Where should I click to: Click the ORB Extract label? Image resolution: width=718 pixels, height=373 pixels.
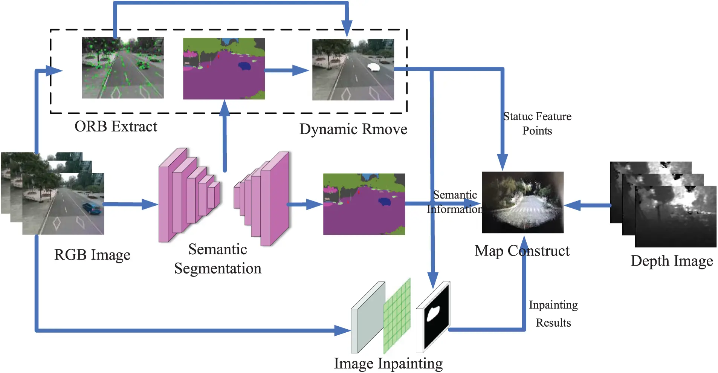tap(116, 127)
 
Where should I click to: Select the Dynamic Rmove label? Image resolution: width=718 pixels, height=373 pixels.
tap(353, 129)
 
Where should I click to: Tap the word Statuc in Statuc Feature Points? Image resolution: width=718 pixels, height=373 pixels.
tap(518, 116)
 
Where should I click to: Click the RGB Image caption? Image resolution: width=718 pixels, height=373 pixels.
tap(92, 255)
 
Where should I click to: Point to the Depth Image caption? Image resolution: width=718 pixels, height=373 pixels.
tap(671, 261)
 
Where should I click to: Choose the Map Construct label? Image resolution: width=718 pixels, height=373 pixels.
tap(522, 251)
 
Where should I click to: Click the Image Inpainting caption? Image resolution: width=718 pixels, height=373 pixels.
tap(388, 364)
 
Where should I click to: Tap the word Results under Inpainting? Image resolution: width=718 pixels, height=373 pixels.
tap(553, 323)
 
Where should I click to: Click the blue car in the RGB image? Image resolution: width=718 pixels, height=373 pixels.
tap(92, 208)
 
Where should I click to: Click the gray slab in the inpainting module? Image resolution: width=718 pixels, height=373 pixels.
tap(367, 318)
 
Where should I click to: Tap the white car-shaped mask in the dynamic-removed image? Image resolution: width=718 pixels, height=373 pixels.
tap(373, 67)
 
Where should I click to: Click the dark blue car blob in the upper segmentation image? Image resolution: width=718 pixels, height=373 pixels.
tap(244, 66)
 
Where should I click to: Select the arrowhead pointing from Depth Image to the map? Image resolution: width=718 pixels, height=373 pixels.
tap(572, 205)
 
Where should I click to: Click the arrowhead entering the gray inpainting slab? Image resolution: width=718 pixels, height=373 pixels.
tap(342, 331)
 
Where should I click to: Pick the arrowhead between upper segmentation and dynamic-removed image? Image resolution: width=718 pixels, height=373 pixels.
tap(300, 70)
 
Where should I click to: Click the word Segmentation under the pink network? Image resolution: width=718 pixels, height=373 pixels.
tap(217, 269)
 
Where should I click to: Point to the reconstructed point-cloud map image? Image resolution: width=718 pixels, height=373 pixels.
tap(522, 202)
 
